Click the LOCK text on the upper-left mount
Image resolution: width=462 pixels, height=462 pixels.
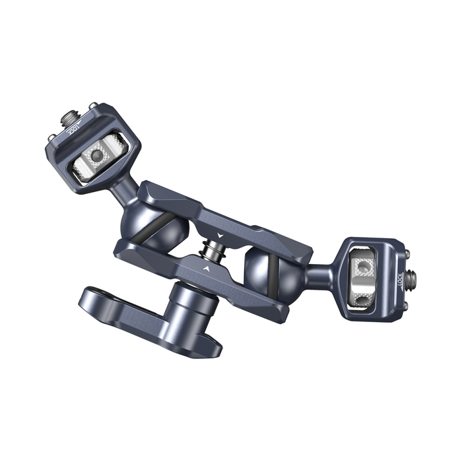[x=73, y=127]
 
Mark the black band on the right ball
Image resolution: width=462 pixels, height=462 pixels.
[x=270, y=264]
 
